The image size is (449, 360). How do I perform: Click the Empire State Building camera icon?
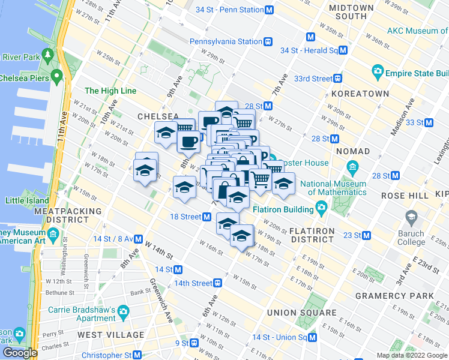point(378,72)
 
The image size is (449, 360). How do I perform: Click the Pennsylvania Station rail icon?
point(268,41)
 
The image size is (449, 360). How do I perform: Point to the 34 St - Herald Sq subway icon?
point(343,51)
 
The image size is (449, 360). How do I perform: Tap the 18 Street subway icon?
point(206,217)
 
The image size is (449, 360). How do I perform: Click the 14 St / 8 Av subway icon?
point(138,238)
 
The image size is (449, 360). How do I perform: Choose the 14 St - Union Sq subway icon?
point(312,337)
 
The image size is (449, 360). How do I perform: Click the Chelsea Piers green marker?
point(57,76)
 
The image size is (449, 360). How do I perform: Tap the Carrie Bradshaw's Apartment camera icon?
point(124,311)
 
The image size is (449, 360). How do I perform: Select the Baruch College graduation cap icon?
point(411,217)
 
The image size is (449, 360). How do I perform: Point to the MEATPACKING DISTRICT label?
point(62,215)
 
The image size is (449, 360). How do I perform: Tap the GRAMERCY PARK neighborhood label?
point(394,296)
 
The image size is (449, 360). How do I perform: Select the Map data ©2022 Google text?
point(411,355)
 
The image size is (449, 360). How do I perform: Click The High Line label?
point(110,91)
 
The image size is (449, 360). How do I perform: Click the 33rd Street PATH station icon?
point(338,79)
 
